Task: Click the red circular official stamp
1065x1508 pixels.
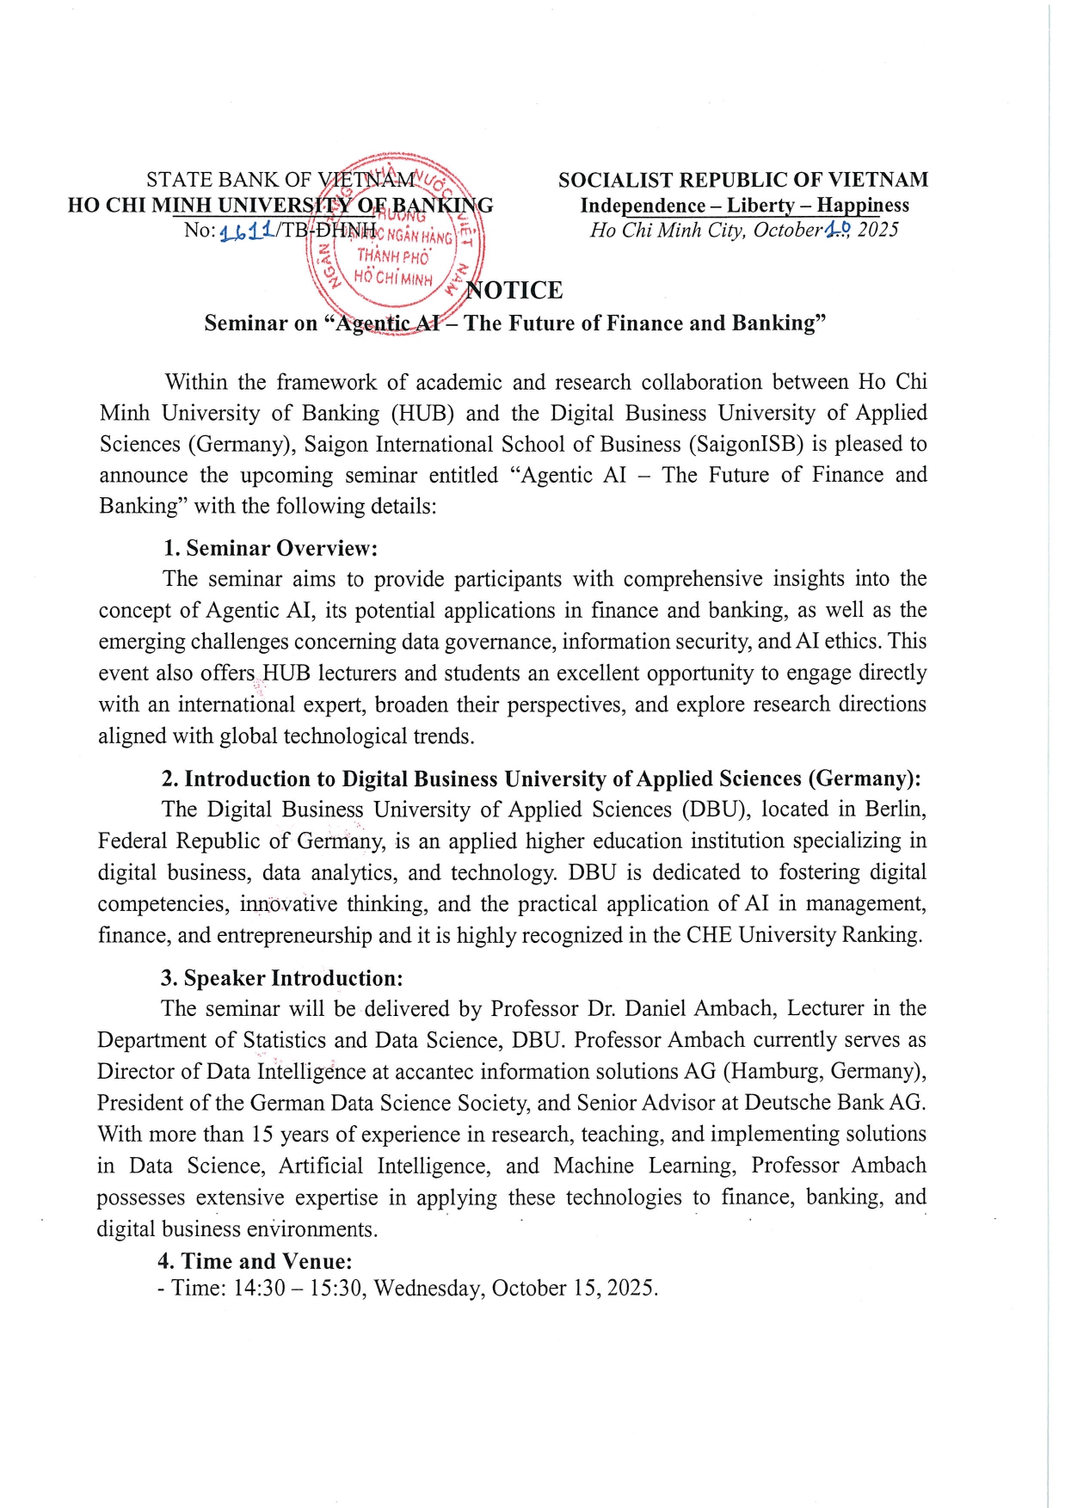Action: (394, 244)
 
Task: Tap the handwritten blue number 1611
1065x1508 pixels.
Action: (247, 231)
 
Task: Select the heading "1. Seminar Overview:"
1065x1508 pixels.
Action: (271, 548)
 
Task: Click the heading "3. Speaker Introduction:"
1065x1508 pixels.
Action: (281, 978)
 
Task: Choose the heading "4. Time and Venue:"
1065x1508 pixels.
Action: (255, 1261)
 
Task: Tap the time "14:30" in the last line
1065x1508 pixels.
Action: (259, 1288)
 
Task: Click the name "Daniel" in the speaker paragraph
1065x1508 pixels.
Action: (655, 1008)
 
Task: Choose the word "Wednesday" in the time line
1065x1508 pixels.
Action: (428, 1288)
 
